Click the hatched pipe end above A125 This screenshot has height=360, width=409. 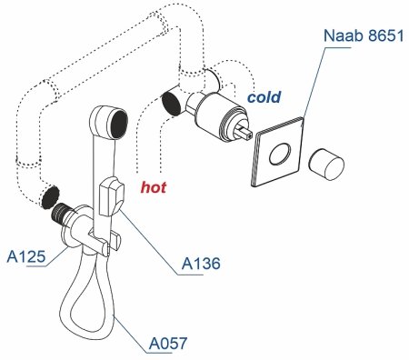[52, 195]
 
